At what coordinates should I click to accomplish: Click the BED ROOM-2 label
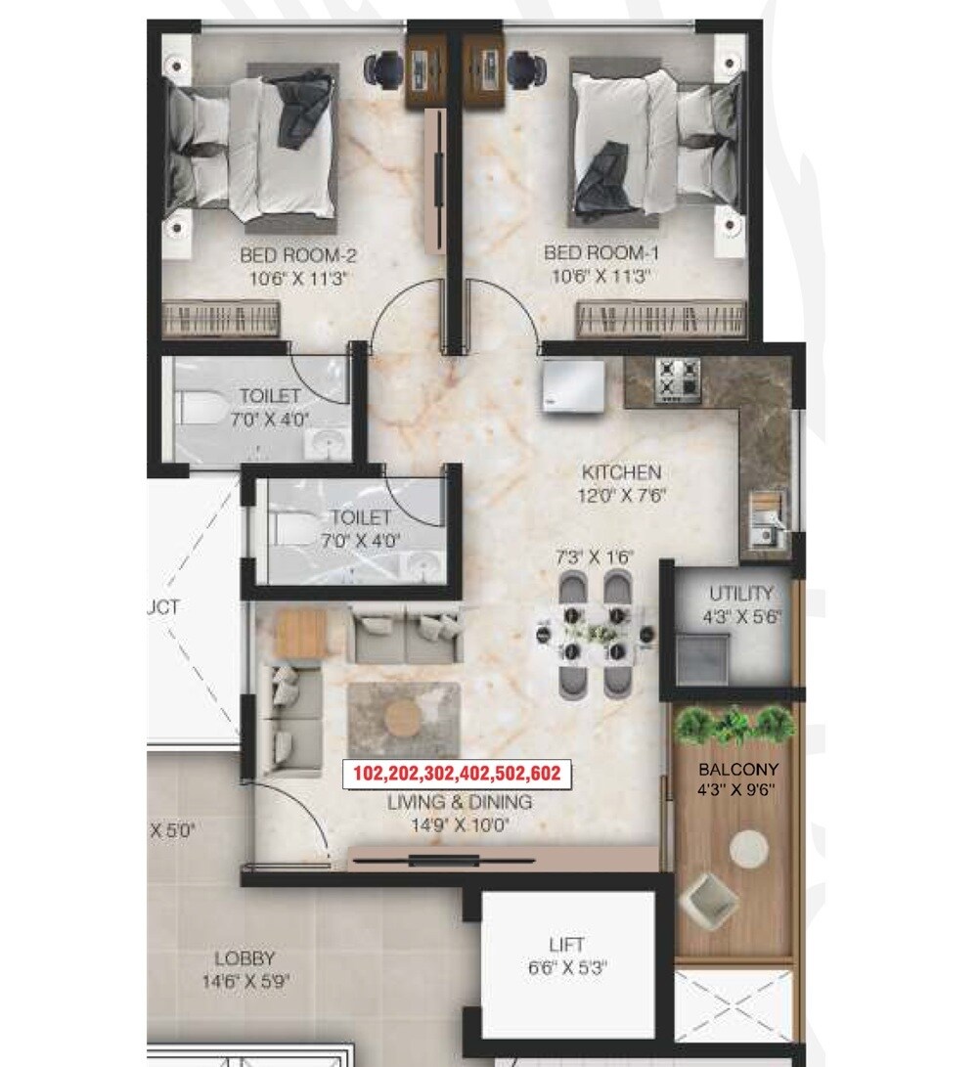(297, 256)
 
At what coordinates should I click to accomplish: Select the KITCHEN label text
(620, 471)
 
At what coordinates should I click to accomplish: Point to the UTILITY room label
(740, 594)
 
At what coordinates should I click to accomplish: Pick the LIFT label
(567, 945)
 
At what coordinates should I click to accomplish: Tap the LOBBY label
(245, 958)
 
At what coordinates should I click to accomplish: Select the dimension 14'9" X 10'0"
(459, 825)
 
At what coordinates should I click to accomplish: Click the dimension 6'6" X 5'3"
(567, 968)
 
